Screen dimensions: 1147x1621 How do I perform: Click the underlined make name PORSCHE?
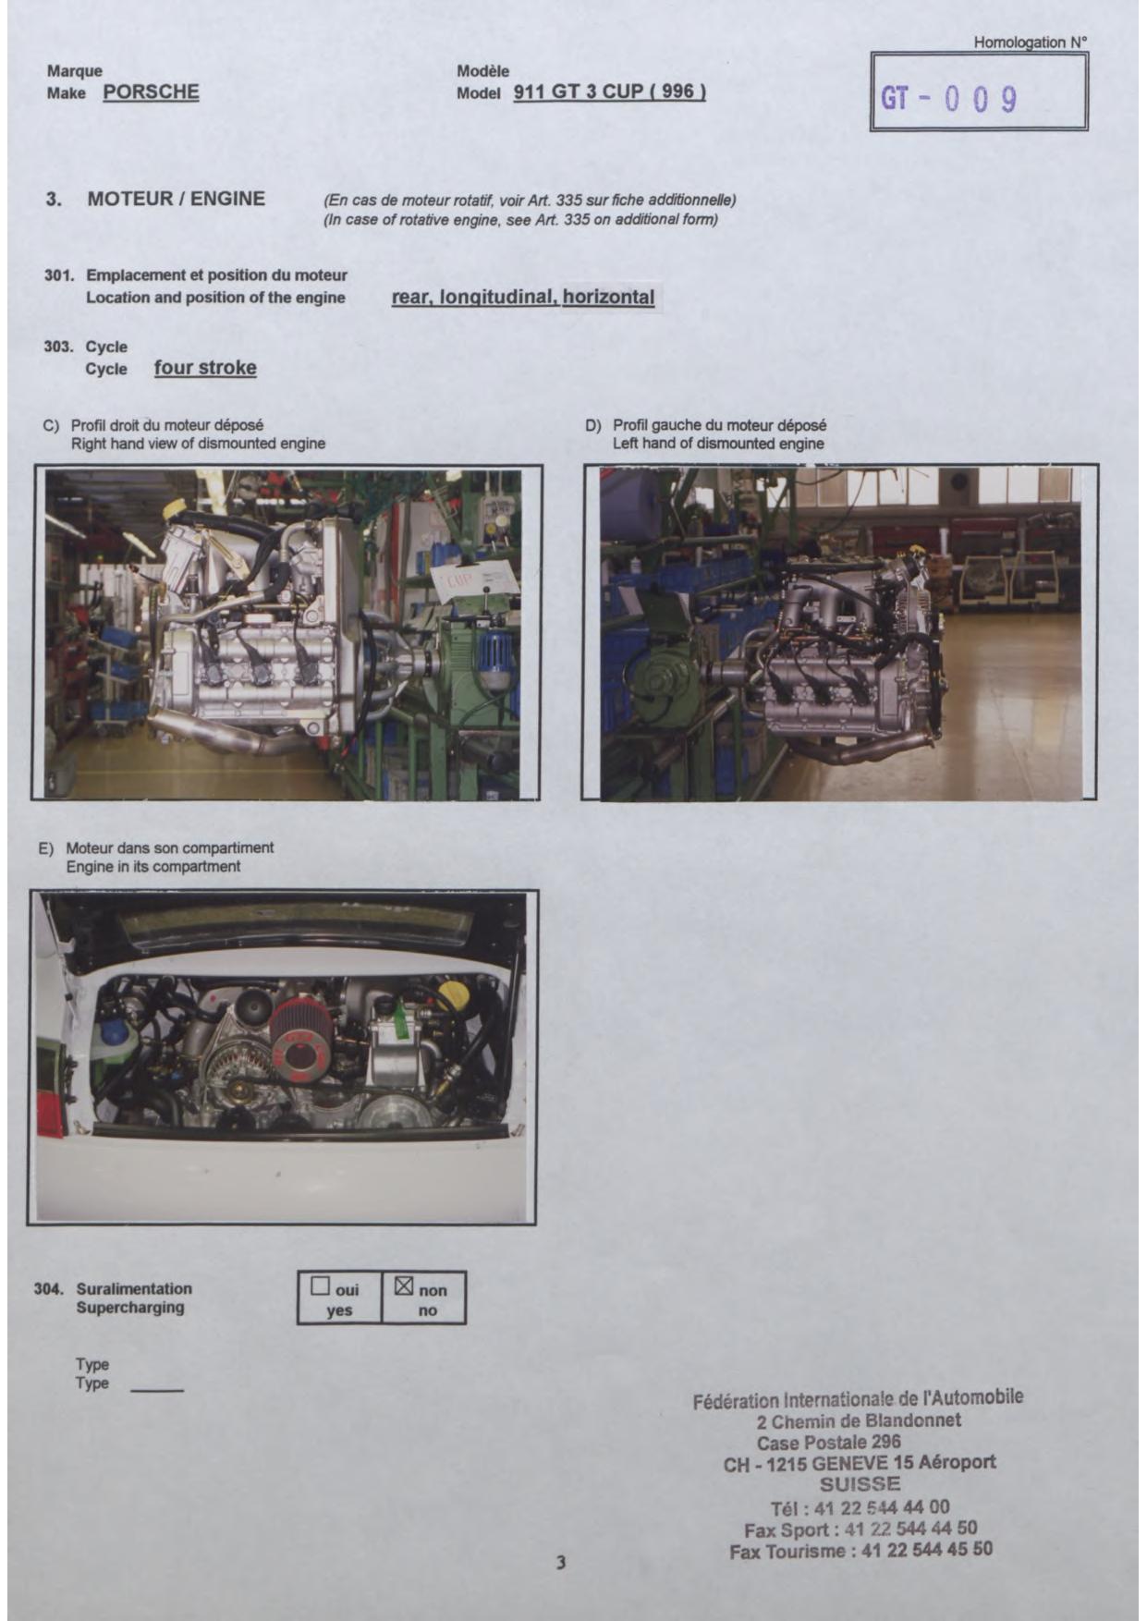pyautogui.click(x=151, y=91)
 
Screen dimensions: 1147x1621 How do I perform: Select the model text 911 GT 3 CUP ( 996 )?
pyautogui.click(x=609, y=91)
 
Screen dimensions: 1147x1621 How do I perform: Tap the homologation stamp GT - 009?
pyautogui.click(x=948, y=98)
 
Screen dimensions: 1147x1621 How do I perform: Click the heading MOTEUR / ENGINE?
pyautogui.click(x=176, y=199)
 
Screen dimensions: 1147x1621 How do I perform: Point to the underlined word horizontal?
pyautogui.click(x=608, y=297)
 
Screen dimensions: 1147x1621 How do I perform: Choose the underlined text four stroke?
pyautogui.click(x=205, y=368)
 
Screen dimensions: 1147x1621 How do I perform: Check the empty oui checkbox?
pyautogui.click(x=321, y=1286)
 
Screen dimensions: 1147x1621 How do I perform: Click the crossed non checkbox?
pyautogui.click(x=404, y=1286)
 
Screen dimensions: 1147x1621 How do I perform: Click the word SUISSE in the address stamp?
pyautogui.click(x=860, y=1484)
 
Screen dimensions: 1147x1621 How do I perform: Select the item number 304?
pyautogui.click(x=48, y=1288)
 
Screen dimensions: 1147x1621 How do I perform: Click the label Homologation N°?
pyautogui.click(x=1031, y=42)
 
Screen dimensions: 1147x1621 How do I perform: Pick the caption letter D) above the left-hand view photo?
pyautogui.click(x=592, y=425)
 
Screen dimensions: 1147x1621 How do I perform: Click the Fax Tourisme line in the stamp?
pyautogui.click(x=860, y=1550)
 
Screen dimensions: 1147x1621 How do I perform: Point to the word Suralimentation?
pyautogui.click(x=134, y=1288)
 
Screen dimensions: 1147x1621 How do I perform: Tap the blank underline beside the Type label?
pyautogui.click(x=157, y=1390)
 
